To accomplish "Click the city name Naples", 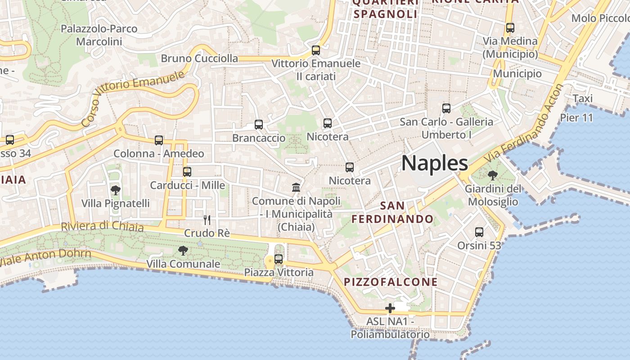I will pos(434,163).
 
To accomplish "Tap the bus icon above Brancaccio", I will pos(259,125).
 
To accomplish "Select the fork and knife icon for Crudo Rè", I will pos(207,220).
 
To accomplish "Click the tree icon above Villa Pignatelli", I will pos(116,190).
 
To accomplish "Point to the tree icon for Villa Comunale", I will pos(183,251).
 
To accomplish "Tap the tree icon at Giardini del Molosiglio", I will pos(493,175).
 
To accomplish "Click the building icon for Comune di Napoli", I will pos(296,187).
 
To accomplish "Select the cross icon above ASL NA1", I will pos(390,308).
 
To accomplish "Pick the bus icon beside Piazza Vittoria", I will pos(279,259).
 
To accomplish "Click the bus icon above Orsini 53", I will pos(479,232).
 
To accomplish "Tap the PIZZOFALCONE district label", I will pos(391,282).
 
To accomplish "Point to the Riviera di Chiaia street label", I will pos(102,226).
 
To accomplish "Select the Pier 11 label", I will pos(576,118).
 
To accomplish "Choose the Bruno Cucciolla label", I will pos(199,58).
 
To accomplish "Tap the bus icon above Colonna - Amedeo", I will pos(159,140).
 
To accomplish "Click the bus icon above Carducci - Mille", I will pos(187,172).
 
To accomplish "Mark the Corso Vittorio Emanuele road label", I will pos(133,98).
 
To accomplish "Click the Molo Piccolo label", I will pos(600,18).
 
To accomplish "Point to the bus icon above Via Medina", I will pos(510,28).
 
